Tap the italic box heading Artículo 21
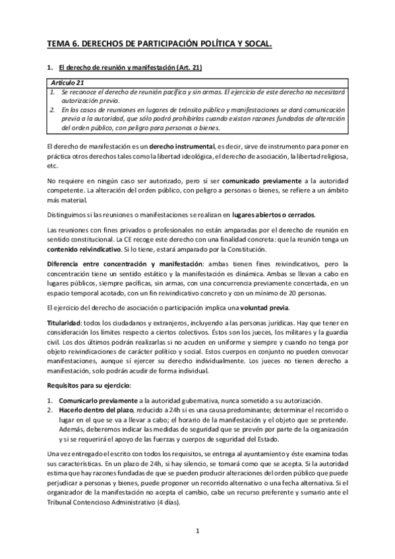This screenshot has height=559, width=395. point(67,82)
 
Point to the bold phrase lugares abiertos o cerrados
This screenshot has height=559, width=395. point(274,214)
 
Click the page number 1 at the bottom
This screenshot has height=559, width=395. point(197,531)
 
